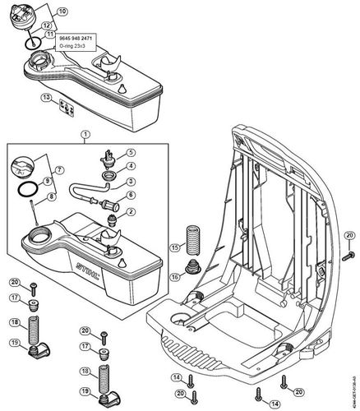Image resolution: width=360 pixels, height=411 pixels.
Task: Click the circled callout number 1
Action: click(84, 133)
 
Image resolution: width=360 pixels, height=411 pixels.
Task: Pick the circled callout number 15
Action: click(174, 247)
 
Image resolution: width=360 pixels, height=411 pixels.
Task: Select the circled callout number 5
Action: click(131, 152)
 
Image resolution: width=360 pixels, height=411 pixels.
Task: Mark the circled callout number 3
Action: click(131, 181)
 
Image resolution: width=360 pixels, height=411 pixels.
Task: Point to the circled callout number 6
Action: click(131, 195)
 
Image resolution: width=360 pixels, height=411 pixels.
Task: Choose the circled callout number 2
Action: click(131, 212)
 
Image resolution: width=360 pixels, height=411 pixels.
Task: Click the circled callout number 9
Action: click(47, 180)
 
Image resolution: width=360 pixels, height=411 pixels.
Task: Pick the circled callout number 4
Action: click(131, 166)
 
